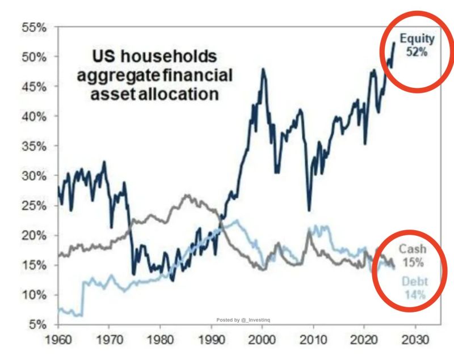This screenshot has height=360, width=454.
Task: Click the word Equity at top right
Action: point(417,39)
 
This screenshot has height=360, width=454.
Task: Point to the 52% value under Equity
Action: point(417,51)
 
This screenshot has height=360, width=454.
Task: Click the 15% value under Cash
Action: point(413,262)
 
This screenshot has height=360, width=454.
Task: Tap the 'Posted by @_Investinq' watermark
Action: point(245,320)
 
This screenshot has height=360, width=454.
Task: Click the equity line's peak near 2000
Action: point(262,69)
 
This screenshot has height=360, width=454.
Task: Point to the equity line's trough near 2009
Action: point(309,210)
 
